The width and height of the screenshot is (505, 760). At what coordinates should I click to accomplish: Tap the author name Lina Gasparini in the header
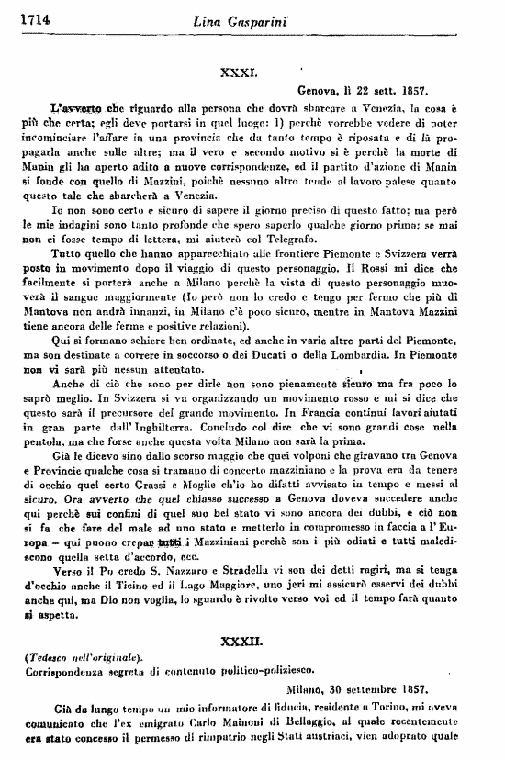(250, 9)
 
